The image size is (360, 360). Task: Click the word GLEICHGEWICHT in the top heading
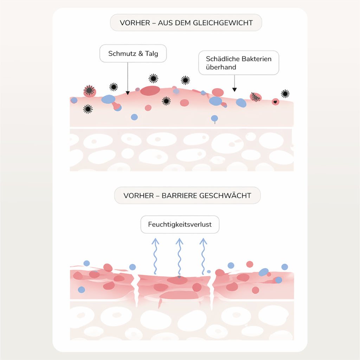coord(223,23)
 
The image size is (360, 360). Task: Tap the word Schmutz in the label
coord(122,53)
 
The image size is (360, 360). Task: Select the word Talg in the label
coord(152,54)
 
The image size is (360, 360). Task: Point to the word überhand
coord(221,67)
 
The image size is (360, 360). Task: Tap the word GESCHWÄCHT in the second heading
coord(225,195)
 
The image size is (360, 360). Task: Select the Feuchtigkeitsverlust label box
coord(180,224)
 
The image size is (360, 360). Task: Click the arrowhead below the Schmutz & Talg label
coord(128,93)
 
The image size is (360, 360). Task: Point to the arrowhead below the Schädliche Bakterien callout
coord(234,90)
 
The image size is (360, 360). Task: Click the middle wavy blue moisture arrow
coord(179,256)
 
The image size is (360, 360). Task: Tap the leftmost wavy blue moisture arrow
coord(155,256)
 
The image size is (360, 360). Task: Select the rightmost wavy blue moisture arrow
coord(203,256)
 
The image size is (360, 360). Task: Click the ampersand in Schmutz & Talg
coord(141,53)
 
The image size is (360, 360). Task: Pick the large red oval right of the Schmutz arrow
coord(150,91)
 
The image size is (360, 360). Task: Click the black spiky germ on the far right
coord(285,94)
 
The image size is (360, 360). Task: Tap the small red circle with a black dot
coord(276,102)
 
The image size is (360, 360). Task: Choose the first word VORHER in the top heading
coord(135,23)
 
